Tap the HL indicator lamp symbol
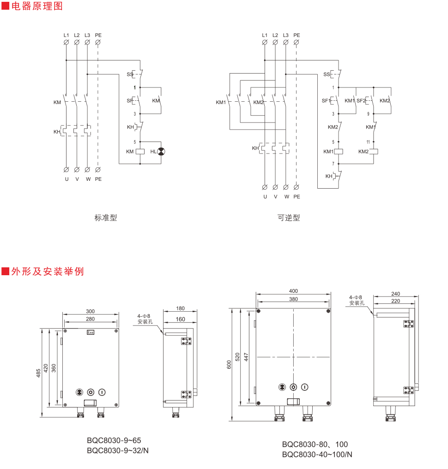[x=161, y=151]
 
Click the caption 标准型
[x=106, y=217]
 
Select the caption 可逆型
[x=289, y=217]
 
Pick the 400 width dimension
[x=293, y=291]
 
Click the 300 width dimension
[x=91, y=312]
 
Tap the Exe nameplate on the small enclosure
[x=91, y=332]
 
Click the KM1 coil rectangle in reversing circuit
[x=339, y=151]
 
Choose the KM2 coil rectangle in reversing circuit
[x=374, y=151]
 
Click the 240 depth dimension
[x=395, y=293]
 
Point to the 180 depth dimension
[x=180, y=308]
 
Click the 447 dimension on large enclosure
[x=246, y=357]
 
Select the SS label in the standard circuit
[x=129, y=74]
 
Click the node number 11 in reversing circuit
[x=368, y=141]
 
